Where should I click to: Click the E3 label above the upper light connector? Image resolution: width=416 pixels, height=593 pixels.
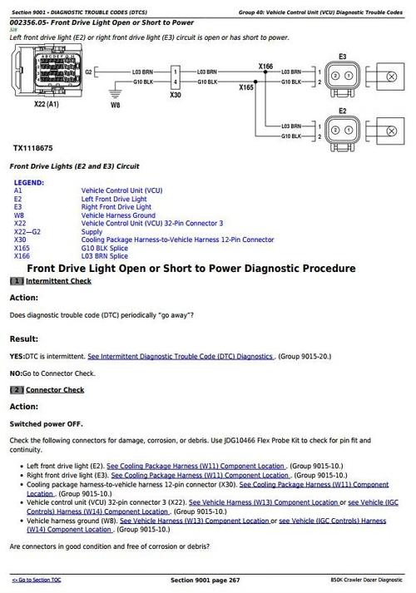pos(343,57)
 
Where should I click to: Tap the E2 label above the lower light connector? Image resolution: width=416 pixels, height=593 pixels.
pos(343,110)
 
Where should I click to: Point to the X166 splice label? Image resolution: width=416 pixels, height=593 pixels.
pos(265,66)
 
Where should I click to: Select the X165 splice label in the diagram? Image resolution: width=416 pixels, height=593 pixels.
pos(246,86)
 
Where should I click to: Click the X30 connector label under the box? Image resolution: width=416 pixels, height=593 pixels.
pos(175,96)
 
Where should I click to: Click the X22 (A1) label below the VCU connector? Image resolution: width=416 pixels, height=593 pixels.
pos(47,106)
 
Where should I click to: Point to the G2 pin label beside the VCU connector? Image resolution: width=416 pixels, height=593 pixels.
pos(88,72)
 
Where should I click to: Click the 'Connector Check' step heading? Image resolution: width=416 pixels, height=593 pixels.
pos(55,389)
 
